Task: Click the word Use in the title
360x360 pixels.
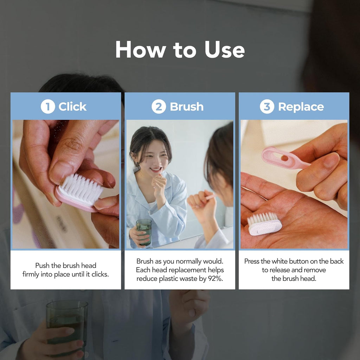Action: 224,50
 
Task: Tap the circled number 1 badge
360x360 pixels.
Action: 47,107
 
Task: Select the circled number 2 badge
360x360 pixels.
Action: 159,107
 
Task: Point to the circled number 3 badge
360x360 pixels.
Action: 267,107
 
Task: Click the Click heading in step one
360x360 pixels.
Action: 72,107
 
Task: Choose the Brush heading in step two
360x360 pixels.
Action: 187,107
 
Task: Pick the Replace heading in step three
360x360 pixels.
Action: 301,107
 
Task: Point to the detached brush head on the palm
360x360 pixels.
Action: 264,224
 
